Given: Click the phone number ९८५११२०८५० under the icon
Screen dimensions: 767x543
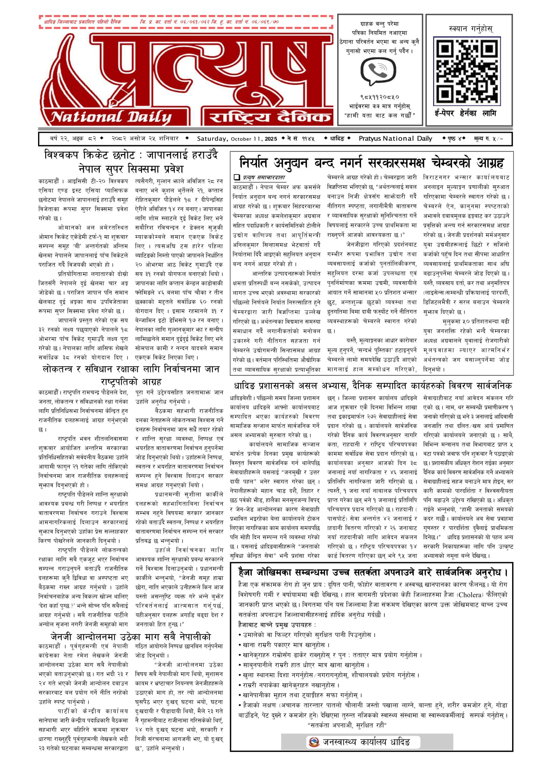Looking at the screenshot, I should point(380,97).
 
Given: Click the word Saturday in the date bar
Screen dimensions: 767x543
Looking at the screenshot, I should point(212,139).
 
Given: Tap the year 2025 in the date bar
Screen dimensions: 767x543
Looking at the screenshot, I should point(271,139).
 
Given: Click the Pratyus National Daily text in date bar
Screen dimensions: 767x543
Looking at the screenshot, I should point(395,139).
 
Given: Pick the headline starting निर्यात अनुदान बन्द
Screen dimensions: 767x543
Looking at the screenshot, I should point(371,163).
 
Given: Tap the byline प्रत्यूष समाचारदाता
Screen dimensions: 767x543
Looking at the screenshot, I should point(264,177).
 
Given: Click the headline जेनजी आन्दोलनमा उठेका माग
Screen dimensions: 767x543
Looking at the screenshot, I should point(131,637).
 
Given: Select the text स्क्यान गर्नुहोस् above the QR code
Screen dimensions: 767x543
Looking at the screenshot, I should point(471,29).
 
